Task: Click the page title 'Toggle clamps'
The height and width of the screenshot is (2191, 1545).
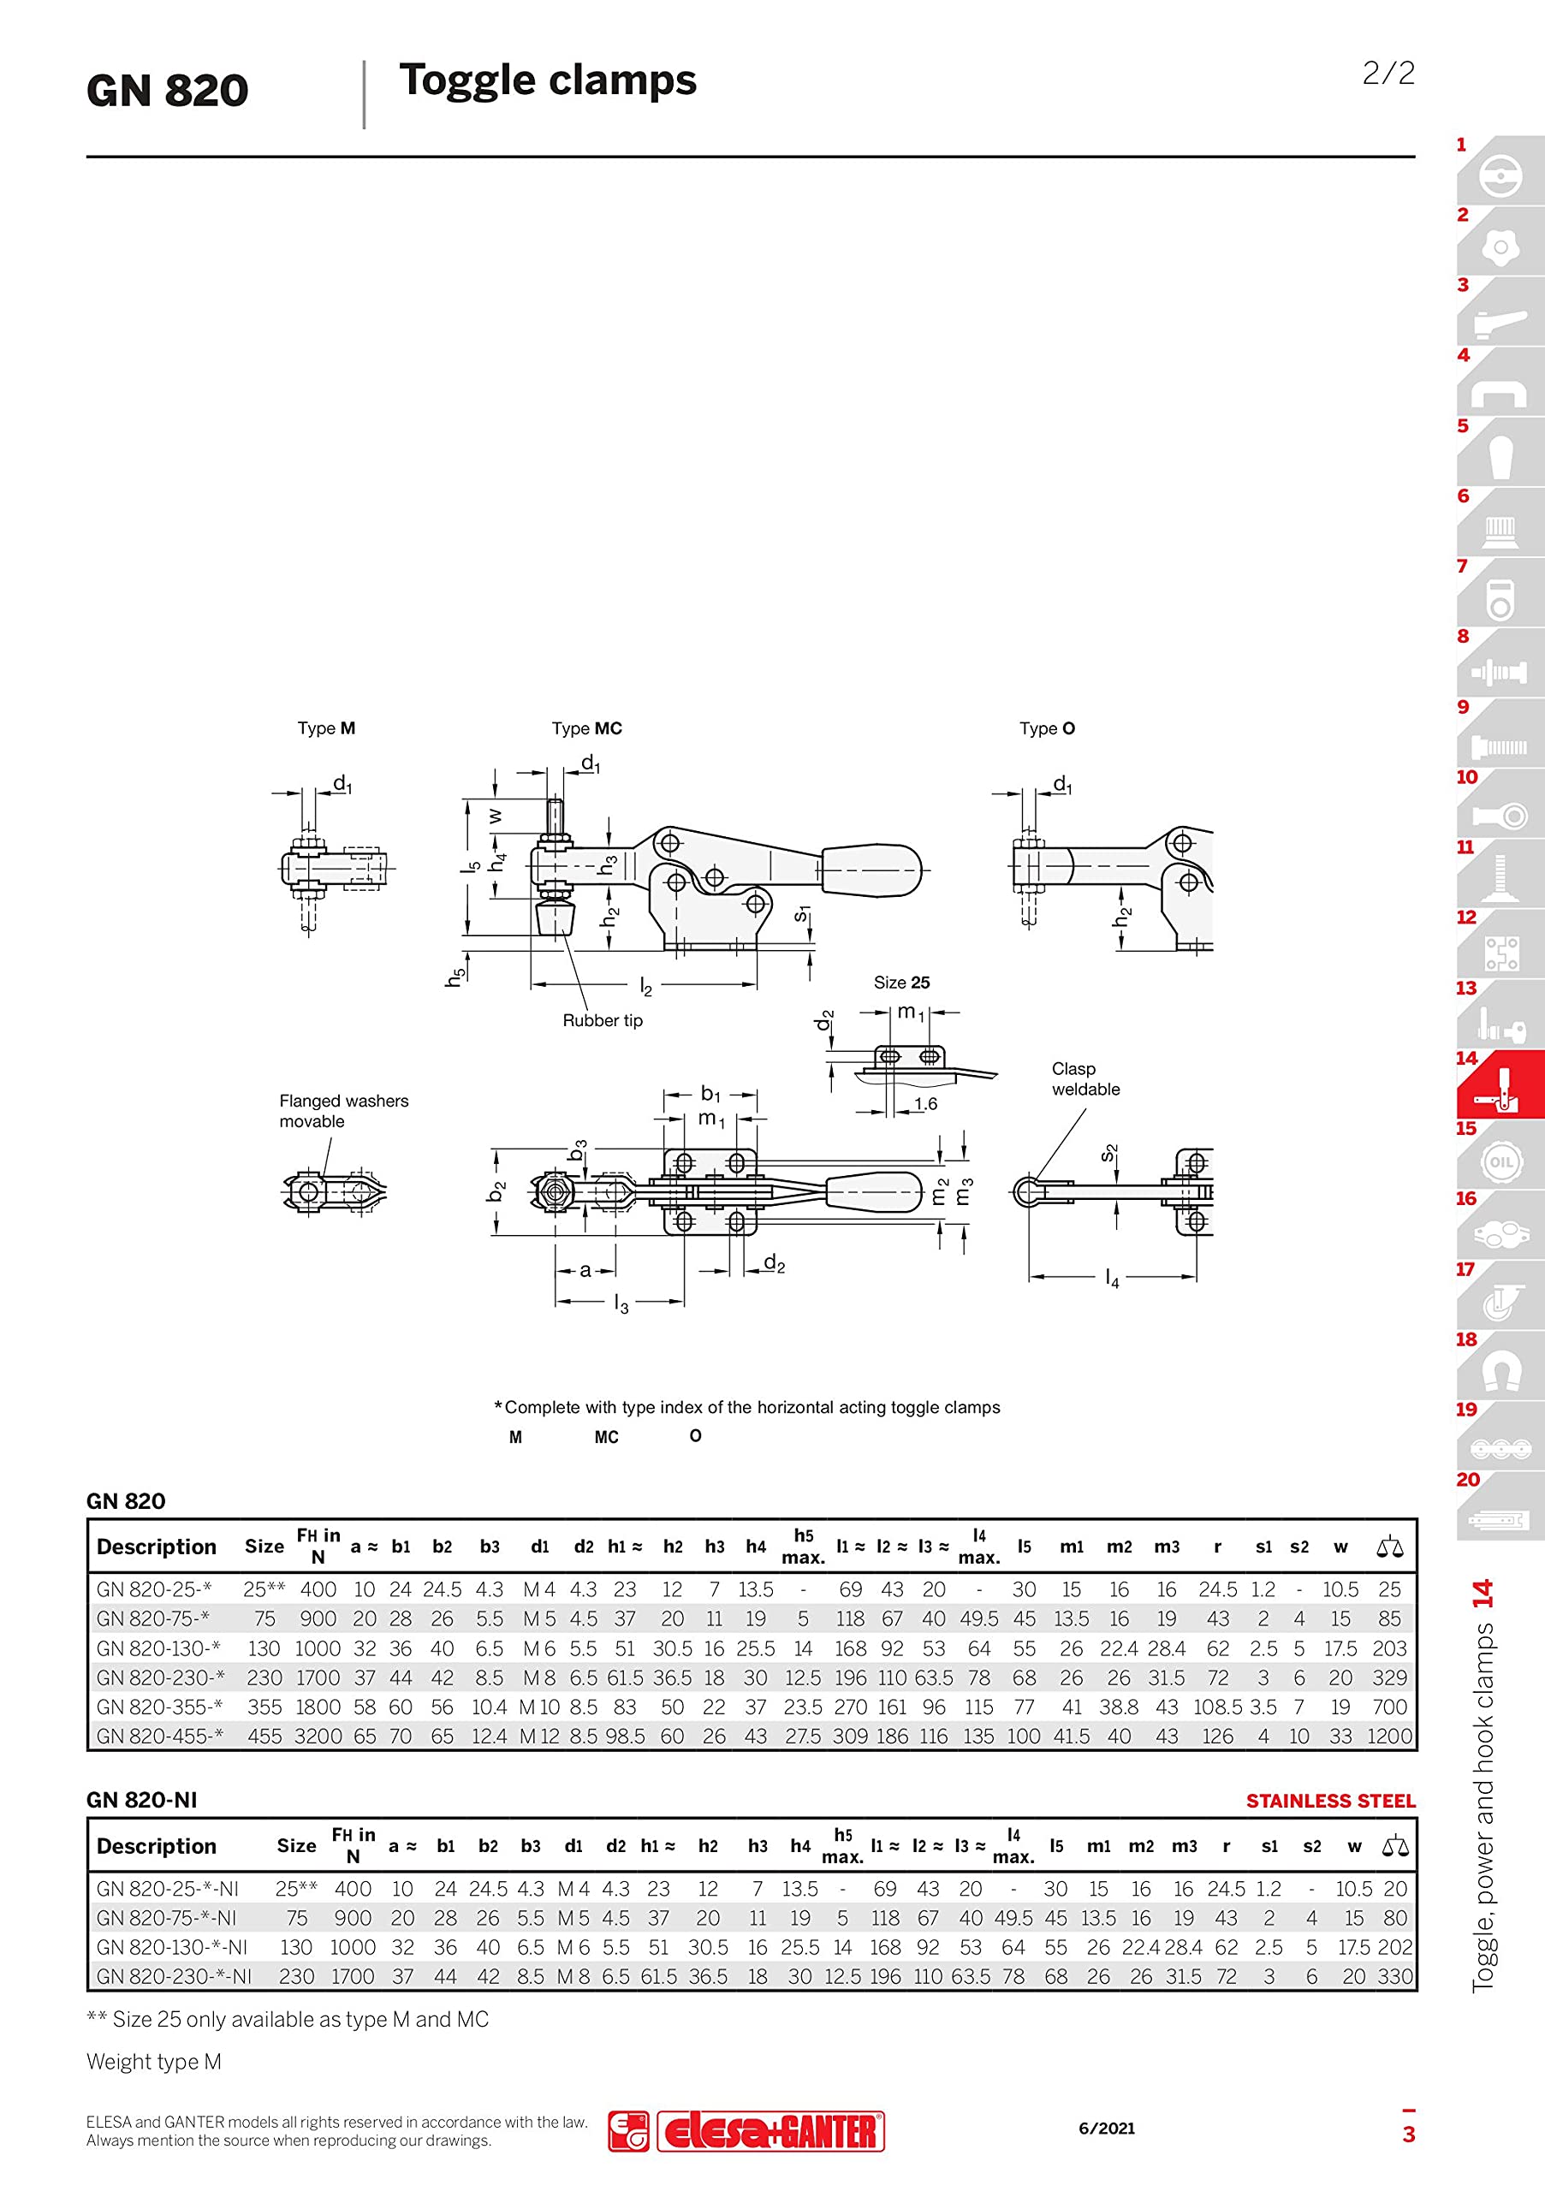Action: tap(548, 81)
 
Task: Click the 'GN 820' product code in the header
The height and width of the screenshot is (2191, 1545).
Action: tap(167, 91)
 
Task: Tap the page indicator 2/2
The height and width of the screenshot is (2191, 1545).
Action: tap(1388, 73)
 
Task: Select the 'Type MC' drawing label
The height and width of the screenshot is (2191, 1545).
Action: tap(587, 728)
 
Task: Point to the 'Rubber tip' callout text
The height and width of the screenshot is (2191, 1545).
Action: tap(602, 1020)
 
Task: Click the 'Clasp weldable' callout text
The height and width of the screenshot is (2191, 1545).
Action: tap(1085, 1078)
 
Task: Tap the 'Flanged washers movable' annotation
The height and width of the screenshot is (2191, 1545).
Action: tap(343, 1111)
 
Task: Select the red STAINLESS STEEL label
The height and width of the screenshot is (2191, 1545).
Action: tap(1330, 1801)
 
